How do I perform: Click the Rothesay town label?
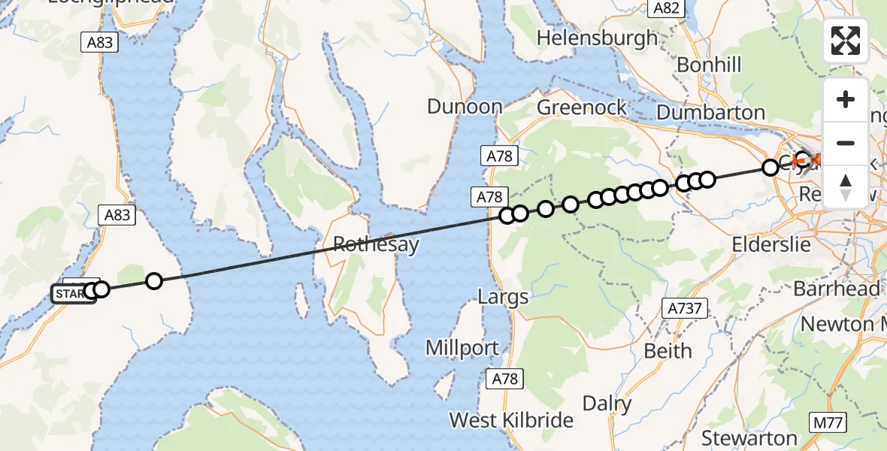pos(376,246)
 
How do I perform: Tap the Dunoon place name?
pos(465,107)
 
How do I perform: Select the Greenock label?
pos(582,107)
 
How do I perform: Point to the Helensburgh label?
pos(598,38)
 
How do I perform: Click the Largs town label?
pos(503,297)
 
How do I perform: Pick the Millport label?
pos(462,348)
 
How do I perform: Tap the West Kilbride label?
pos(511,420)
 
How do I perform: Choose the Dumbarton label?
pos(710,112)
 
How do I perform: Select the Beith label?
pos(668,350)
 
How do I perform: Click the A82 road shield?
pos(666,8)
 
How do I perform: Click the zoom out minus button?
pos(846,143)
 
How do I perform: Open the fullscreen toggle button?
pos(846,41)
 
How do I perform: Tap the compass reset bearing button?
pos(846,186)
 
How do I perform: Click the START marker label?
pos(71,294)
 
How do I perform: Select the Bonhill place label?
pos(709,65)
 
